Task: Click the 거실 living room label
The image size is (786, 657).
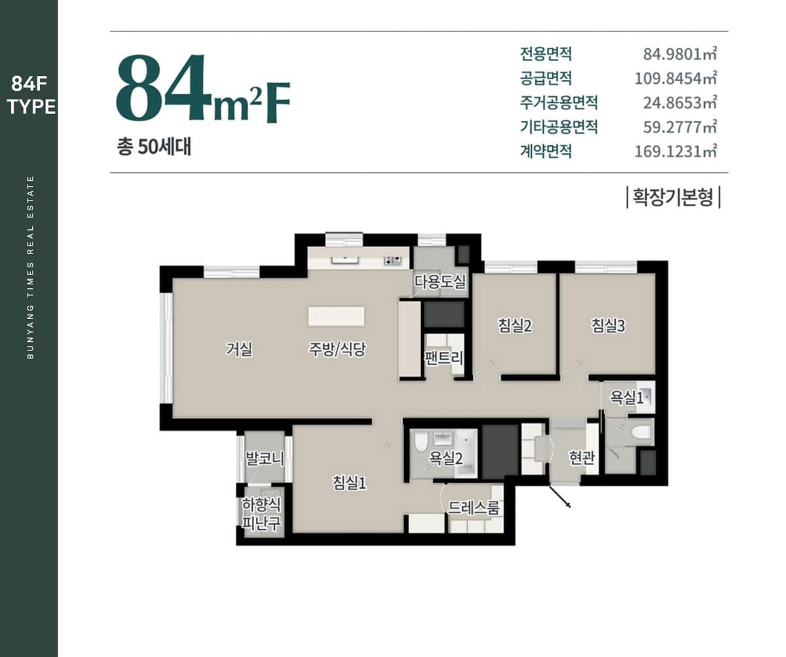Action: pyautogui.click(x=239, y=349)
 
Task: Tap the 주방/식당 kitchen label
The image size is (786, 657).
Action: pyautogui.click(x=337, y=349)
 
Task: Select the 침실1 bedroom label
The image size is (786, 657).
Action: pyautogui.click(x=349, y=482)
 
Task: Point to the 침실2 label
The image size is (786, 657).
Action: pyautogui.click(x=515, y=326)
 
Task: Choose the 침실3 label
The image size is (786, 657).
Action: pyautogui.click(x=608, y=326)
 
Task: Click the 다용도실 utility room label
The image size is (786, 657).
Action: pyautogui.click(x=440, y=282)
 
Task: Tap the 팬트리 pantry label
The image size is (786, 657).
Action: pyautogui.click(x=443, y=358)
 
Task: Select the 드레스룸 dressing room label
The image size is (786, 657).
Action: pyautogui.click(x=473, y=508)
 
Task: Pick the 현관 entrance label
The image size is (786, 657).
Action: pyautogui.click(x=582, y=457)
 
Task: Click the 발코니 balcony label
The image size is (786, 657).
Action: pyautogui.click(x=264, y=459)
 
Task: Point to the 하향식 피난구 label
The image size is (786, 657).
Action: pyautogui.click(x=261, y=514)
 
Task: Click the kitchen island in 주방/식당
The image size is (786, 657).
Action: pyautogui.click(x=336, y=316)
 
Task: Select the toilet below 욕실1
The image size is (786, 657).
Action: pyautogui.click(x=641, y=432)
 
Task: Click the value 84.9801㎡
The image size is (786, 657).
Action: pyautogui.click(x=679, y=54)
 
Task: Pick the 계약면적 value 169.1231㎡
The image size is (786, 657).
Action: pyautogui.click(x=675, y=151)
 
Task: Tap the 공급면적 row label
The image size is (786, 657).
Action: pyautogui.click(x=546, y=79)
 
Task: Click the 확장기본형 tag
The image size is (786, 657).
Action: pyautogui.click(x=673, y=197)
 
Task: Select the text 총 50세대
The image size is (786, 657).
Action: pyautogui.click(x=154, y=147)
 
